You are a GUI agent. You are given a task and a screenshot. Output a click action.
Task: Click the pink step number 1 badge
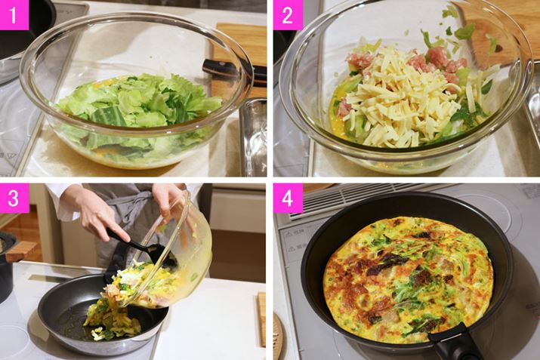(x=14, y=15)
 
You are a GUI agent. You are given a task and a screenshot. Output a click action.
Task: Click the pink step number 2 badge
(x=288, y=15)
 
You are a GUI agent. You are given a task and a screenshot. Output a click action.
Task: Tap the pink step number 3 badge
(x=14, y=198)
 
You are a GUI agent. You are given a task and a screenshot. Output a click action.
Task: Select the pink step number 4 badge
(x=288, y=198)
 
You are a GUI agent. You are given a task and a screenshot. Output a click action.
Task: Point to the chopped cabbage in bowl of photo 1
(x=137, y=103)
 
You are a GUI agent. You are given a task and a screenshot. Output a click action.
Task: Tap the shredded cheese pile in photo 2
(x=406, y=93)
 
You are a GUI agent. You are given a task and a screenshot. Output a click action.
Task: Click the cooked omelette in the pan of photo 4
(x=408, y=279)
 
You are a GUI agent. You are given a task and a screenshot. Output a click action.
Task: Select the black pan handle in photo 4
(x=455, y=344)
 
